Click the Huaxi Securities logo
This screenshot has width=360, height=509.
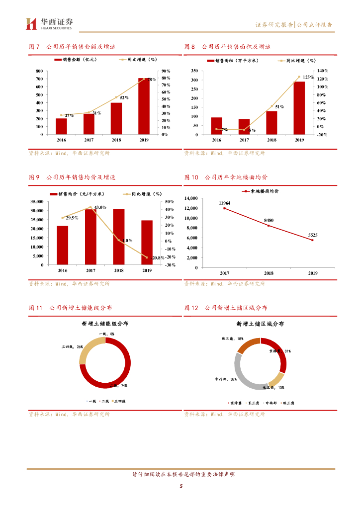[49, 23]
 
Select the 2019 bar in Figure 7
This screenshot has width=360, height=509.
[144, 106]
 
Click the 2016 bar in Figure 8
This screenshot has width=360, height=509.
[216, 126]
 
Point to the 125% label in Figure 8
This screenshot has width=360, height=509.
[308, 78]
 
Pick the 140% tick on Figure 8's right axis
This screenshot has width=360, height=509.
[323, 71]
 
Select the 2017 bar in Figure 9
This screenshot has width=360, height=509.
[90, 237]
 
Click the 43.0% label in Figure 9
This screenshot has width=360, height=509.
[100, 207]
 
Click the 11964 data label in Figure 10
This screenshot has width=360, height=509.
[225, 203]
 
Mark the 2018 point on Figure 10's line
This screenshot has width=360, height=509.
[269, 226]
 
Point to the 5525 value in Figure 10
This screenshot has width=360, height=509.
[312, 235]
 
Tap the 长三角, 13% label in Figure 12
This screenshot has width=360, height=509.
[274, 387]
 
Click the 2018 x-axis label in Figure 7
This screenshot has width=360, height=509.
[116, 140]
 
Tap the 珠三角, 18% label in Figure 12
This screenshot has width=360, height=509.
[232, 339]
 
